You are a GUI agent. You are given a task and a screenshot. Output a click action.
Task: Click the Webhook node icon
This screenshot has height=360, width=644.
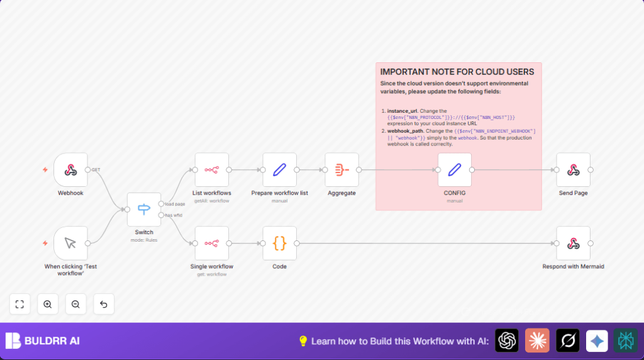point(70,170)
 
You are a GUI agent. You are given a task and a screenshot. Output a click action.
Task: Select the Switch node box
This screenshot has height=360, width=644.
point(144,210)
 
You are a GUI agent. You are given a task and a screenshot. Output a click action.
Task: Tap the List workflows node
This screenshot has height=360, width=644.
point(211,170)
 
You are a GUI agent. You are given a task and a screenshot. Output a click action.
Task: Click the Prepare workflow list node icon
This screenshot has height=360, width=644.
point(279,170)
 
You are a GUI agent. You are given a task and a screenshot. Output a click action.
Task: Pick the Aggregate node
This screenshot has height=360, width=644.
point(341,170)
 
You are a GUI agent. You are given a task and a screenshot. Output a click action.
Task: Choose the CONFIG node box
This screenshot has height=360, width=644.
point(454,170)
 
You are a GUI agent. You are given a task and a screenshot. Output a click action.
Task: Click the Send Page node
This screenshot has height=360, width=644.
point(573,170)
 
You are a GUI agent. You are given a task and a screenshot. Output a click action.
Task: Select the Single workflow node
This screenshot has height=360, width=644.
point(211,244)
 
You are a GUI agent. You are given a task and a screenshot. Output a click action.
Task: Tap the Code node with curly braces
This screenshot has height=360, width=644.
point(279,244)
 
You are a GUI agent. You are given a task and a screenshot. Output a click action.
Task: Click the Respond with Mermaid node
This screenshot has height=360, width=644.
point(573,244)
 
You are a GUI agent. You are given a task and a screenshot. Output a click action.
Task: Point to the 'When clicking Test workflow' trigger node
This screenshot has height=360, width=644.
point(70,244)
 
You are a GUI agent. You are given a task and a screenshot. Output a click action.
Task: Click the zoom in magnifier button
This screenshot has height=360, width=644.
point(48,304)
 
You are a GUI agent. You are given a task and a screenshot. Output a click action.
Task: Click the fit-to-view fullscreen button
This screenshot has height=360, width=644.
point(19,304)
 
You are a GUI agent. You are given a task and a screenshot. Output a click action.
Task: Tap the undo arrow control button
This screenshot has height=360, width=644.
point(104,304)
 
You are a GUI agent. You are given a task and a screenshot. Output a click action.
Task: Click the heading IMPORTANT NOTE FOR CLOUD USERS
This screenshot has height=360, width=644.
point(457,72)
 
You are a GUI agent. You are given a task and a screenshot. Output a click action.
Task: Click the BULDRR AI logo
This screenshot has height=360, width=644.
point(43,341)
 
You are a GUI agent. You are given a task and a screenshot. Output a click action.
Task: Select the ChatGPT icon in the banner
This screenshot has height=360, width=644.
point(507,340)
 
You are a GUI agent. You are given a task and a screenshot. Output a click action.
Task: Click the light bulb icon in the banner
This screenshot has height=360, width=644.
point(303,341)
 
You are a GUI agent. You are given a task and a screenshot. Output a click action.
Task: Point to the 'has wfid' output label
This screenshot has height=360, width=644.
point(174,215)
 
